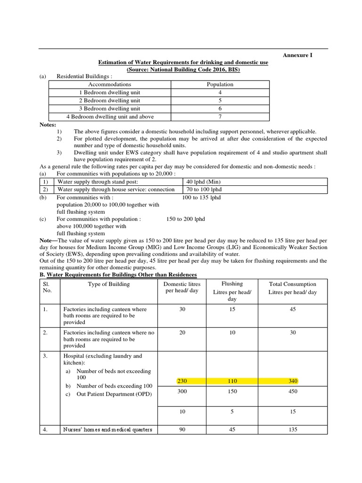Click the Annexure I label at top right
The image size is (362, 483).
(297, 55)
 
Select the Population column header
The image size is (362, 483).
(220, 84)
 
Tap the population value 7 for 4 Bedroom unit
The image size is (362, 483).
(220, 117)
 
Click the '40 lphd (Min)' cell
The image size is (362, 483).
(204, 182)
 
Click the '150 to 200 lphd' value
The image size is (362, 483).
(186, 219)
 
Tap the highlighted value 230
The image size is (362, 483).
(182, 381)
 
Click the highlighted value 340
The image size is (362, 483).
(293, 381)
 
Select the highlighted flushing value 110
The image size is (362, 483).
(232, 381)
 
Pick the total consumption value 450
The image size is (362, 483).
(293, 391)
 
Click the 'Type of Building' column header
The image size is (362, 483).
(108, 284)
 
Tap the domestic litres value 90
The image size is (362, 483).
(182, 430)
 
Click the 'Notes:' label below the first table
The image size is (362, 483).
(48, 125)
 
